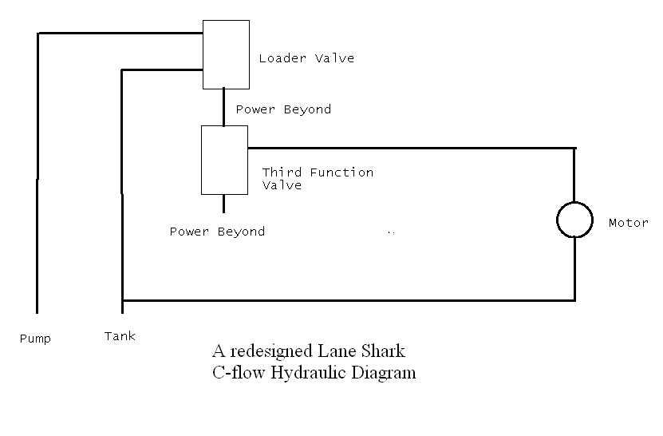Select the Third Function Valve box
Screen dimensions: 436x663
pyautogui.click(x=224, y=160)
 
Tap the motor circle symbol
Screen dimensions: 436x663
pyautogui.click(x=574, y=220)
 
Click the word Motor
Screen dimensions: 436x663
pyautogui.click(x=629, y=223)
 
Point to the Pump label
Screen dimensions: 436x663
pyautogui.click(x=35, y=339)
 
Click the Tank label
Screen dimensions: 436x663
pyautogui.click(x=120, y=336)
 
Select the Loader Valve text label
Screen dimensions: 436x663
pyautogui.click(x=306, y=58)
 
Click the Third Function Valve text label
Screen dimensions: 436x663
pyautogui.click(x=317, y=178)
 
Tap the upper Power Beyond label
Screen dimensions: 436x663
pyautogui.click(x=283, y=109)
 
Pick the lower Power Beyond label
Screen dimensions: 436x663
pyautogui.click(x=217, y=232)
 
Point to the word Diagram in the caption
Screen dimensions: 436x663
pyautogui.click(x=386, y=372)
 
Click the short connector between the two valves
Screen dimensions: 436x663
pyautogui.click(x=223, y=107)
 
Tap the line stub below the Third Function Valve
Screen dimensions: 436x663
pyautogui.click(x=223, y=203)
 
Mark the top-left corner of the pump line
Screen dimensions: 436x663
pyautogui.click(x=37, y=34)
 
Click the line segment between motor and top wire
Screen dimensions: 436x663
pyautogui.click(x=574, y=175)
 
